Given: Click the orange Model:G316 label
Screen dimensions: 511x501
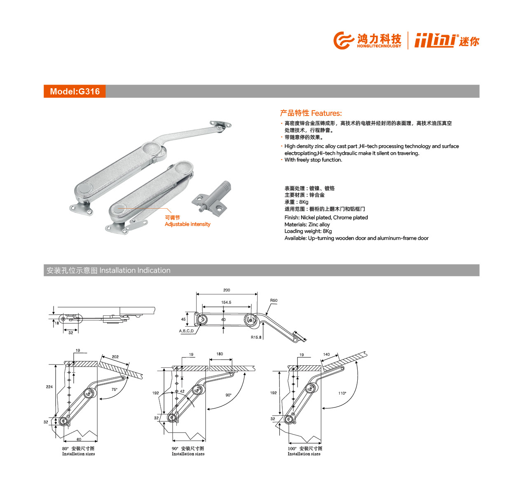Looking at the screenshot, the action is tap(75, 91).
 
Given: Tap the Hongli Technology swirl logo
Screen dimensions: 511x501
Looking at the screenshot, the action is tap(343, 40).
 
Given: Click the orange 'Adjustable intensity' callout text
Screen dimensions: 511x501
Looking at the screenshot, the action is tap(188, 224).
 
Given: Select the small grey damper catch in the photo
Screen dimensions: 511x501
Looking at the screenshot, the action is tap(212, 198).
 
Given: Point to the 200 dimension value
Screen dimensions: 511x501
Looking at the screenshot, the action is tap(227, 290).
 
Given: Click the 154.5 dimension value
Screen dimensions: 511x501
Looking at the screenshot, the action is tap(226, 302).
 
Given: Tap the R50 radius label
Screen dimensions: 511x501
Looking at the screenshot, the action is tap(274, 300).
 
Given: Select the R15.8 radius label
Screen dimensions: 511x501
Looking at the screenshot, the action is tap(256, 337).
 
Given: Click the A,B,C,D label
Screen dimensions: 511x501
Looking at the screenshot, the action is tap(186, 331).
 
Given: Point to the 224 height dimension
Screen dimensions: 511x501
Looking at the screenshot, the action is tap(49, 387).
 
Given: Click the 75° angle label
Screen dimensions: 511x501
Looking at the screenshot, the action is tap(114, 389).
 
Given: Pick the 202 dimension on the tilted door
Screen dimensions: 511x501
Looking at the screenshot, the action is tap(115, 357).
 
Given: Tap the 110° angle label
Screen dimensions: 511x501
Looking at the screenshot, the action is tap(342, 393).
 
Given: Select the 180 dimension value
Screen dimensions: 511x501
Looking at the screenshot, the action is tap(220, 354).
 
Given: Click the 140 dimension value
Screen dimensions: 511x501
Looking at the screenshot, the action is tap(326, 354).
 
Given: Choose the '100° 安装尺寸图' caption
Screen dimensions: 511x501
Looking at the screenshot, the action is tap(305, 448).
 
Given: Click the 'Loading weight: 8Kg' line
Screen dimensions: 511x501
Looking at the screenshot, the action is tap(308, 231).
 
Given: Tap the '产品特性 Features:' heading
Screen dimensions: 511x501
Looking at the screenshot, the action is tap(311, 113).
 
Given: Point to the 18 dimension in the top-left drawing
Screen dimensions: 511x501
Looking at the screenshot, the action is tap(57, 323).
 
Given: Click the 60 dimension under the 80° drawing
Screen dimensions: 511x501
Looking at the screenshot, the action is tap(79, 439).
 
